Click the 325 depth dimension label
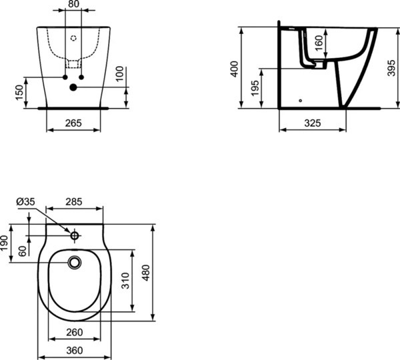click(x=312, y=123)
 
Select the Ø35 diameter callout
click(x=25, y=201)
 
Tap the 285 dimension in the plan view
click(x=75, y=201)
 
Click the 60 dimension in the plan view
click(x=23, y=251)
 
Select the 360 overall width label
click(x=75, y=350)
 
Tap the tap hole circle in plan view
click(x=75, y=235)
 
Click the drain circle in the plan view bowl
click(x=75, y=261)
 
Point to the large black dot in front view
click(x=73, y=87)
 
